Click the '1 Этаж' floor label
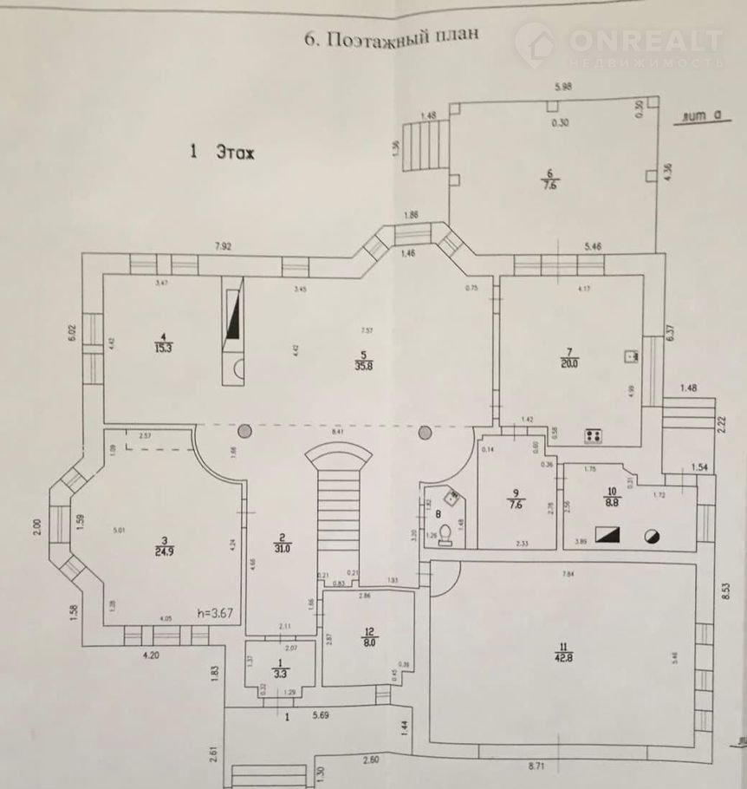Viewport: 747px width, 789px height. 223,152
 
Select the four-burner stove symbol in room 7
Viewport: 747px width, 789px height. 594,436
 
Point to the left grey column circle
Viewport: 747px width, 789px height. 245,431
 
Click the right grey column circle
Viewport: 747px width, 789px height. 425,432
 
